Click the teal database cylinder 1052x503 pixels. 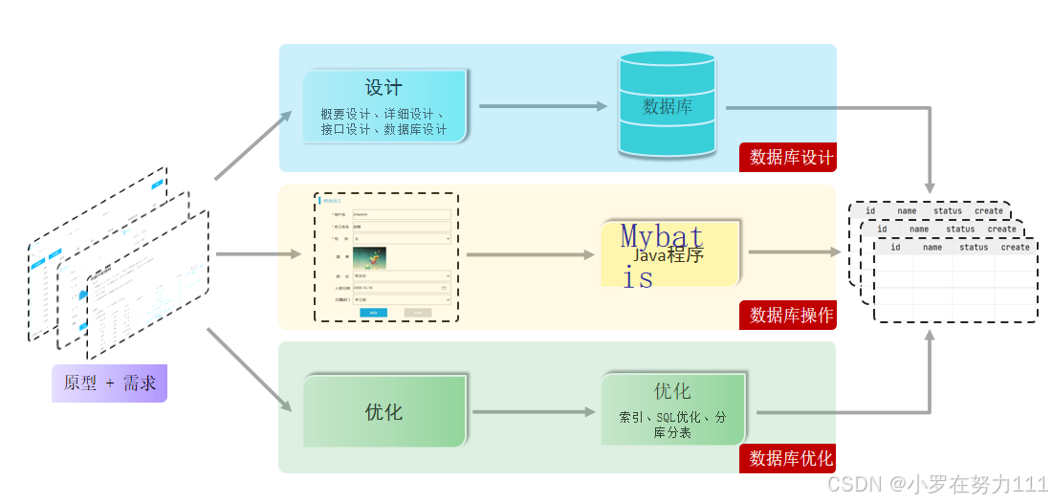click(668, 104)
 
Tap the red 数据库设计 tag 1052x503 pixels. click(788, 158)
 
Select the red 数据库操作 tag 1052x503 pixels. click(788, 315)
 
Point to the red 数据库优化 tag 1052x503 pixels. click(788, 459)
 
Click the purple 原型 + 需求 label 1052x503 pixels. click(109, 383)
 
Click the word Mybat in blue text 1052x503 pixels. click(662, 235)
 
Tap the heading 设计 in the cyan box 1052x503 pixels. click(384, 87)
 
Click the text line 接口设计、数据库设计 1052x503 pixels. click(384, 130)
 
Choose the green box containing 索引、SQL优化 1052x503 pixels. click(671, 410)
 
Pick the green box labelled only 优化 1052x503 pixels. click(384, 412)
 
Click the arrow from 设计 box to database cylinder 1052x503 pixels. click(542, 106)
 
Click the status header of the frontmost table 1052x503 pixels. click(974, 247)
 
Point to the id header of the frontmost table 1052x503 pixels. click(895, 247)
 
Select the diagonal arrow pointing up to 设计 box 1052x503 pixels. click(253, 145)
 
